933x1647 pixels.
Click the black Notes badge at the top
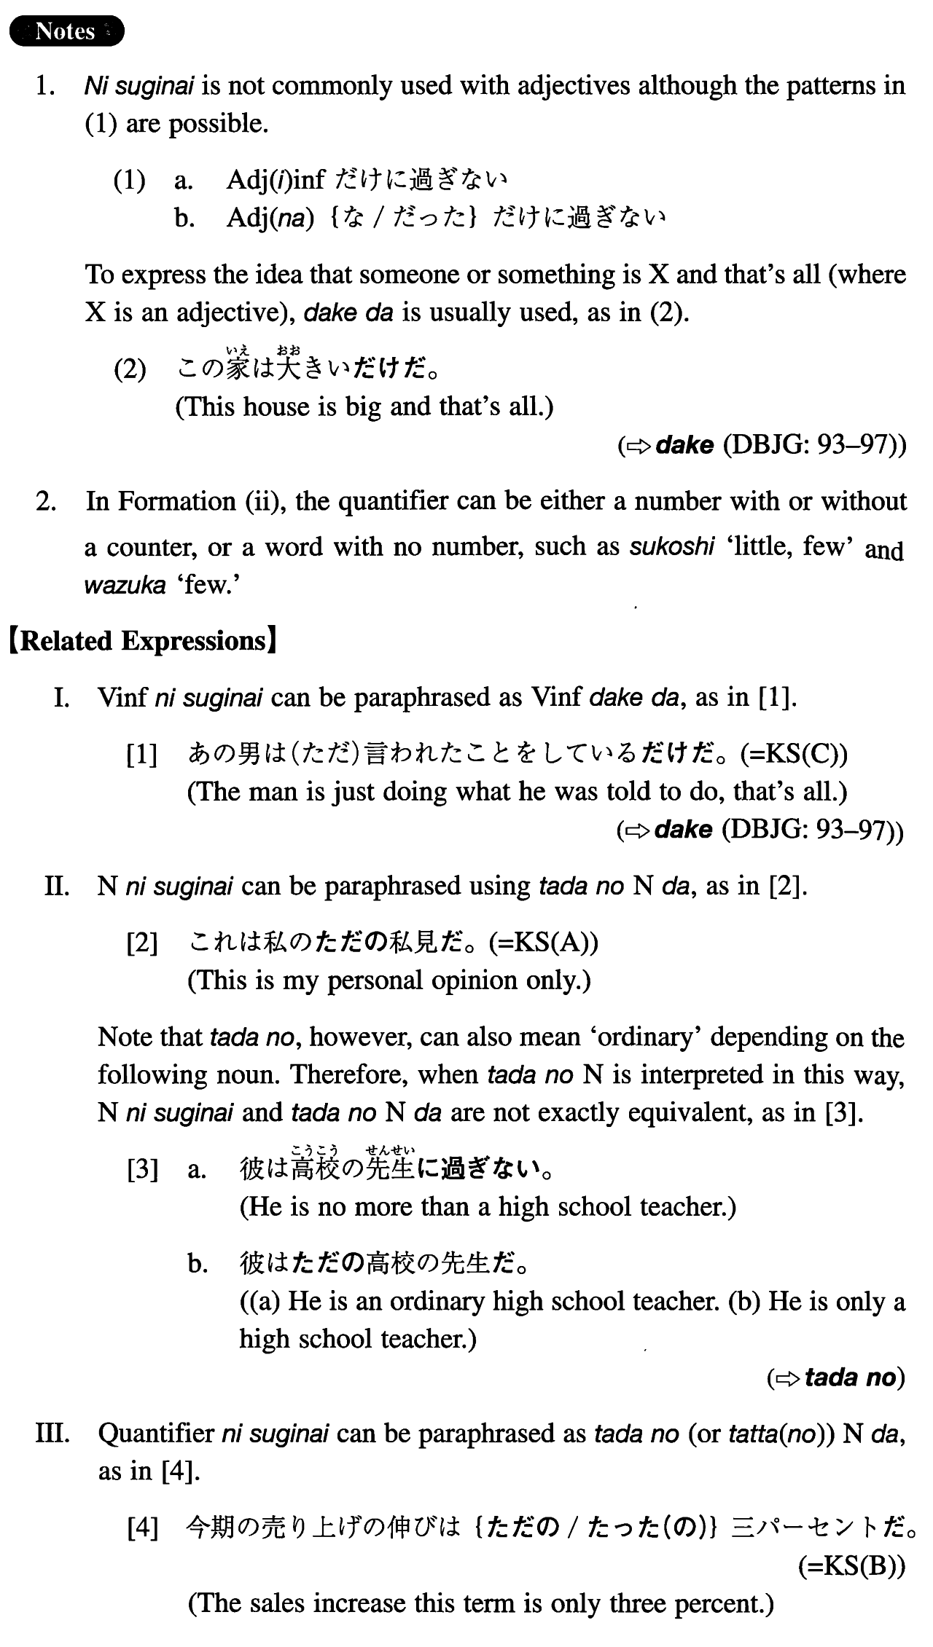click(66, 31)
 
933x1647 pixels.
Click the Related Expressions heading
click(143, 641)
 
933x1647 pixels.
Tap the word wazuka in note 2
click(125, 585)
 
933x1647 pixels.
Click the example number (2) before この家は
click(130, 369)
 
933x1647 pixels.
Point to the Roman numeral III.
click(53, 1434)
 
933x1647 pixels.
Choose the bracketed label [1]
click(141, 755)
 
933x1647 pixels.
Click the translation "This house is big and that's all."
click(364, 406)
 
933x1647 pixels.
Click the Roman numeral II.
click(57, 887)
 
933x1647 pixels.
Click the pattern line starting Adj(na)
click(445, 217)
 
